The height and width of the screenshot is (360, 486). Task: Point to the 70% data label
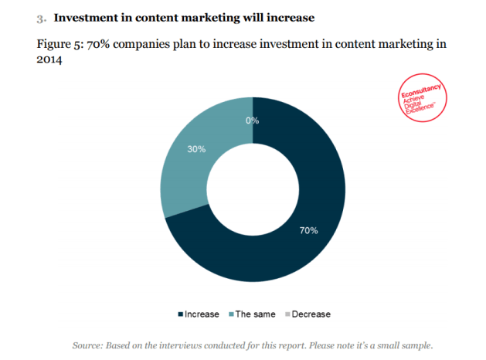pos(309,230)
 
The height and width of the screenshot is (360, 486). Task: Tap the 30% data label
pos(196,149)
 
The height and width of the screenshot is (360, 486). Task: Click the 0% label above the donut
pos(252,121)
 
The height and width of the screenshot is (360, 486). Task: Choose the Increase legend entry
pos(199,314)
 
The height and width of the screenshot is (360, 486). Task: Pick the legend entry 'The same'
pos(251,314)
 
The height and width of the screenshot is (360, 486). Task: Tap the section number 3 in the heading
pos(40,17)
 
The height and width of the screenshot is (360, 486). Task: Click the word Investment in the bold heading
pos(86,16)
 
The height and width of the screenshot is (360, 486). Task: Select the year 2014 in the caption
pos(49,59)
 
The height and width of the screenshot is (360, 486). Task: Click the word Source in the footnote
pos(89,345)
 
